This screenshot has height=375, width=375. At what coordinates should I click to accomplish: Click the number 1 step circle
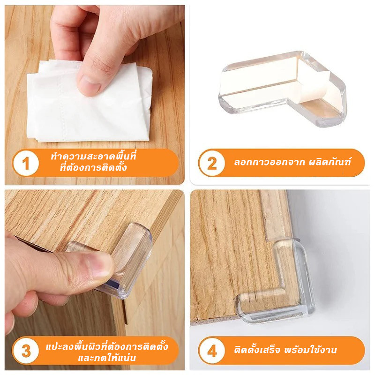26,164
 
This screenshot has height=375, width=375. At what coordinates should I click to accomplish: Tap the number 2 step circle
212,164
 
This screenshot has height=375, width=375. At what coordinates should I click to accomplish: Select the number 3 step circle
26,351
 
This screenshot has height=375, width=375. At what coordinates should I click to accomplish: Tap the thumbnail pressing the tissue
89,85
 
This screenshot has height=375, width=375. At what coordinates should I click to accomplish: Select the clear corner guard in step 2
282,89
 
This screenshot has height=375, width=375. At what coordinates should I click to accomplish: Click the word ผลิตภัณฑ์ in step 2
330,162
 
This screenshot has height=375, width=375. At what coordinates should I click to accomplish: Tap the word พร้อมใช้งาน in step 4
310,350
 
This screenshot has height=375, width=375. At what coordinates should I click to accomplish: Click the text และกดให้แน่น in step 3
107,358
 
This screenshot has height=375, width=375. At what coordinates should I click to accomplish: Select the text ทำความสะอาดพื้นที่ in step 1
93,157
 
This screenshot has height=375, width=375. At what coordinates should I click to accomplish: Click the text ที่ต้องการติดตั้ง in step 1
93,167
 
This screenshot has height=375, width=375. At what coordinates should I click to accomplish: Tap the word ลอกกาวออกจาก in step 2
269,162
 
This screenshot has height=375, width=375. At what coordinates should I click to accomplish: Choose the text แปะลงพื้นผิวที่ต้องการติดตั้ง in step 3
107,346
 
